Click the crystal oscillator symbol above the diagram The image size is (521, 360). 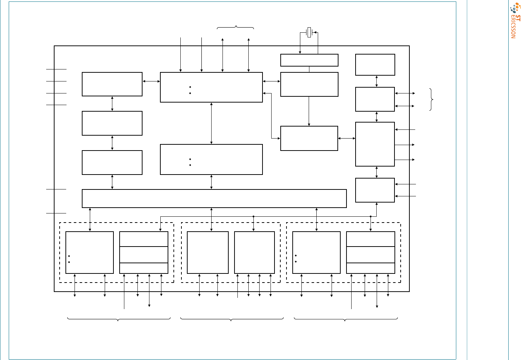(x=309, y=32)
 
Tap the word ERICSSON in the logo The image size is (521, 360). (x=513, y=27)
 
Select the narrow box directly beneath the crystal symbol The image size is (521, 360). (x=309, y=60)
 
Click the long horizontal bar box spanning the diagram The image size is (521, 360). (x=214, y=199)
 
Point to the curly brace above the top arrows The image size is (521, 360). (x=235, y=27)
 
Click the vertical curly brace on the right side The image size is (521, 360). (x=431, y=100)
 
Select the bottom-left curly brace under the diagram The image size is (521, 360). (x=119, y=319)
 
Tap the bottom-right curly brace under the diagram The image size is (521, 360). (x=346, y=319)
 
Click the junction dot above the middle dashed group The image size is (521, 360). (x=253, y=216)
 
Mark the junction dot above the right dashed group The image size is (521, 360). (x=370, y=216)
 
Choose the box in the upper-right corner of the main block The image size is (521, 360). (x=375, y=65)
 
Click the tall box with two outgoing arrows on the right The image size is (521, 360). (x=375, y=144)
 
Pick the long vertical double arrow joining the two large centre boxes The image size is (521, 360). (x=211, y=123)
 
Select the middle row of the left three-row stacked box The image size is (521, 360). (x=144, y=255)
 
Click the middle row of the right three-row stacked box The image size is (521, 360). (x=370, y=255)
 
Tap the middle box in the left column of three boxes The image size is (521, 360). (x=112, y=123)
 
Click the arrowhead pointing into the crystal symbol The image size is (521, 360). (x=315, y=32)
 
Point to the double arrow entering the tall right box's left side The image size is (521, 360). (x=346, y=139)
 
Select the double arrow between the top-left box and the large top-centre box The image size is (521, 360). (x=151, y=81)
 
